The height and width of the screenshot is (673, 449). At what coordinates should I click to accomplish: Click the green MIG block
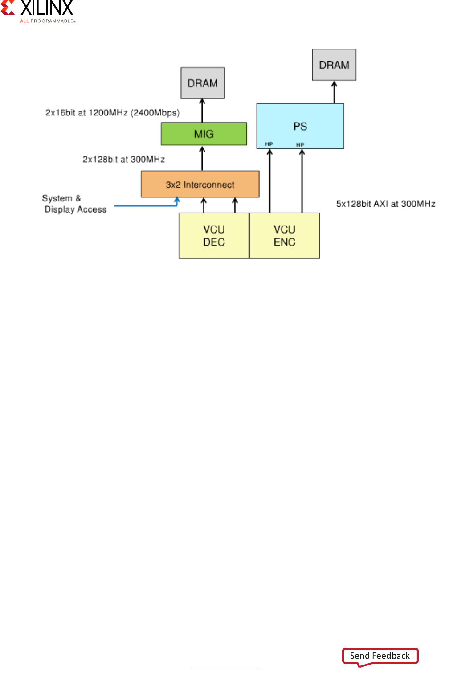coord(204,134)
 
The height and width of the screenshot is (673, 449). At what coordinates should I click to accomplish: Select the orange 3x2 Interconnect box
coord(200,184)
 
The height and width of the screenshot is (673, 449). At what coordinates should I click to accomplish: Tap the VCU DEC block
coord(214,235)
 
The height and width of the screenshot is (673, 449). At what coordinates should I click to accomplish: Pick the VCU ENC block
coord(285,235)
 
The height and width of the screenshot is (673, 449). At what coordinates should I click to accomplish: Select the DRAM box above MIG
coord(203,83)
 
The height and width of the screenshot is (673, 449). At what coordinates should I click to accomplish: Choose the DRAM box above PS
coord(334,65)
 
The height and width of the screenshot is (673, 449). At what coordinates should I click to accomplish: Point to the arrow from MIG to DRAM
coord(202,111)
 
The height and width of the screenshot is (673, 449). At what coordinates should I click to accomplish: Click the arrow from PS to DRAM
coord(334,92)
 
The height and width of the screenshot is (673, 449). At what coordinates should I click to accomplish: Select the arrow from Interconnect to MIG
coord(202,158)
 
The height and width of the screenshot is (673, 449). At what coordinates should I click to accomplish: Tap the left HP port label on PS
coord(269,144)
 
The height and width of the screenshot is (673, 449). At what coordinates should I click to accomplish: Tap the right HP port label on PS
coord(300,144)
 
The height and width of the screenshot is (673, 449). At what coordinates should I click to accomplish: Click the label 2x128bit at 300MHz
coord(124,159)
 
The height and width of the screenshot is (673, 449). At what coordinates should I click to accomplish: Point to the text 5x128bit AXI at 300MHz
coord(386,204)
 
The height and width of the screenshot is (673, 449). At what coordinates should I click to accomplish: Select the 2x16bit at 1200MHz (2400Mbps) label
coord(112,113)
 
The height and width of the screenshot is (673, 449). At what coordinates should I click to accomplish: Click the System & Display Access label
coord(74,204)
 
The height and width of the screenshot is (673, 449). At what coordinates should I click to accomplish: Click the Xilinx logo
coord(38,11)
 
